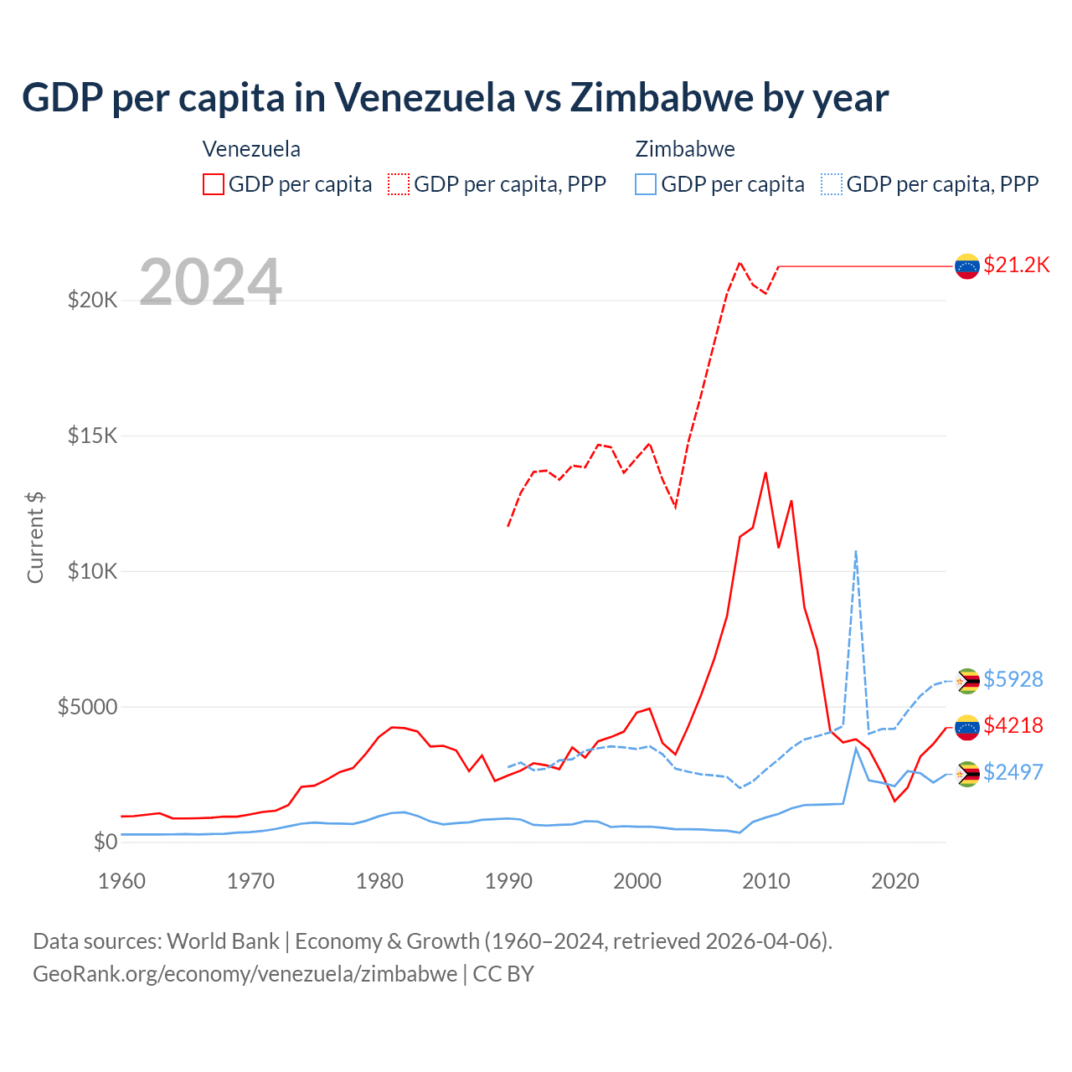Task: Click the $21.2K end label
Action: (x=1016, y=265)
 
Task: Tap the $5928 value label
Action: (x=1013, y=679)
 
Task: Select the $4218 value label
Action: (x=1013, y=725)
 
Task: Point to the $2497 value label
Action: (x=1013, y=772)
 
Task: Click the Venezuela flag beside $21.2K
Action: (x=967, y=266)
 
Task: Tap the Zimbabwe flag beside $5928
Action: (x=967, y=681)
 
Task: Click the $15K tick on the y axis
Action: (x=92, y=436)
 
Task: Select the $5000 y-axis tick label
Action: (x=87, y=707)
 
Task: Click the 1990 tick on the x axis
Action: (x=508, y=881)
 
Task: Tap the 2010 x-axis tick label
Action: (x=766, y=881)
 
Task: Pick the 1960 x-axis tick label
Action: (x=121, y=881)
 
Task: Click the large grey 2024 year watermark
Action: (x=210, y=282)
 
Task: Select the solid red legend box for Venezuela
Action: (x=214, y=184)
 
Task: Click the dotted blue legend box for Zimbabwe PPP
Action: (x=832, y=184)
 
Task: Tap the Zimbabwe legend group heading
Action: (x=685, y=149)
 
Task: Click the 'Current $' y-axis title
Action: (x=35, y=538)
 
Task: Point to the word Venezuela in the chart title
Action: (x=425, y=98)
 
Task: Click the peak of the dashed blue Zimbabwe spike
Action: (x=855, y=551)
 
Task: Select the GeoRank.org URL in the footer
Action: (x=245, y=974)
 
